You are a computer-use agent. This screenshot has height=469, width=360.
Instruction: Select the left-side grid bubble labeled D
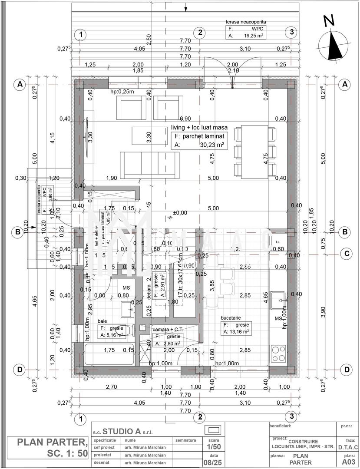coord(19,370)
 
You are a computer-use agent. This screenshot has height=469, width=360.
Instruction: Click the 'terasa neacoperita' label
coord(245,21)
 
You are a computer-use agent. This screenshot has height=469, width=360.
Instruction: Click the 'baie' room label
coord(102,321)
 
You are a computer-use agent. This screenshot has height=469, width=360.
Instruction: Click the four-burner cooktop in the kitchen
coord(278,351)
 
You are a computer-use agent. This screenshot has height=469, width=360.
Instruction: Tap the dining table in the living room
coord(255,151)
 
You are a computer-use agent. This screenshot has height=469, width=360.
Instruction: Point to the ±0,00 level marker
coord(180,213)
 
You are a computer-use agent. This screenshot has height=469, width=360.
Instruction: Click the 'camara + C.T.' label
coord(168,330)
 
